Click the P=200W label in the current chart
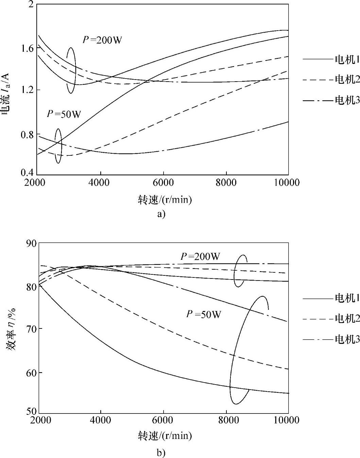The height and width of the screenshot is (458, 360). [x=102, y=40]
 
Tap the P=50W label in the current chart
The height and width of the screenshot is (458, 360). [x=64, y=114]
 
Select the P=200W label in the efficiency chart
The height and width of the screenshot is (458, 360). [x=200, y=256]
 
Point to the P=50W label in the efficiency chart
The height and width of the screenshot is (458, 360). [x=204, y=314]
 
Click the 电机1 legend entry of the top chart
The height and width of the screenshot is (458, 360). [x=347, y=60]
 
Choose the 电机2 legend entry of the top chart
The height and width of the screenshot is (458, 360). [x=347, y=80]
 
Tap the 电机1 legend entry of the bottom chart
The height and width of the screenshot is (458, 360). [x=347, y=298]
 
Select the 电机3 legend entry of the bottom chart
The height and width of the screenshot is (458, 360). [x=347, y=339]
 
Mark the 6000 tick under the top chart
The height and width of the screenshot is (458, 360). [x=163, y=183]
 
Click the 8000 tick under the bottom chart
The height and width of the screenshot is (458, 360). [x=226, y=420]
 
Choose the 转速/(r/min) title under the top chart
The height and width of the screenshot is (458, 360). [x=165, y=200]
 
